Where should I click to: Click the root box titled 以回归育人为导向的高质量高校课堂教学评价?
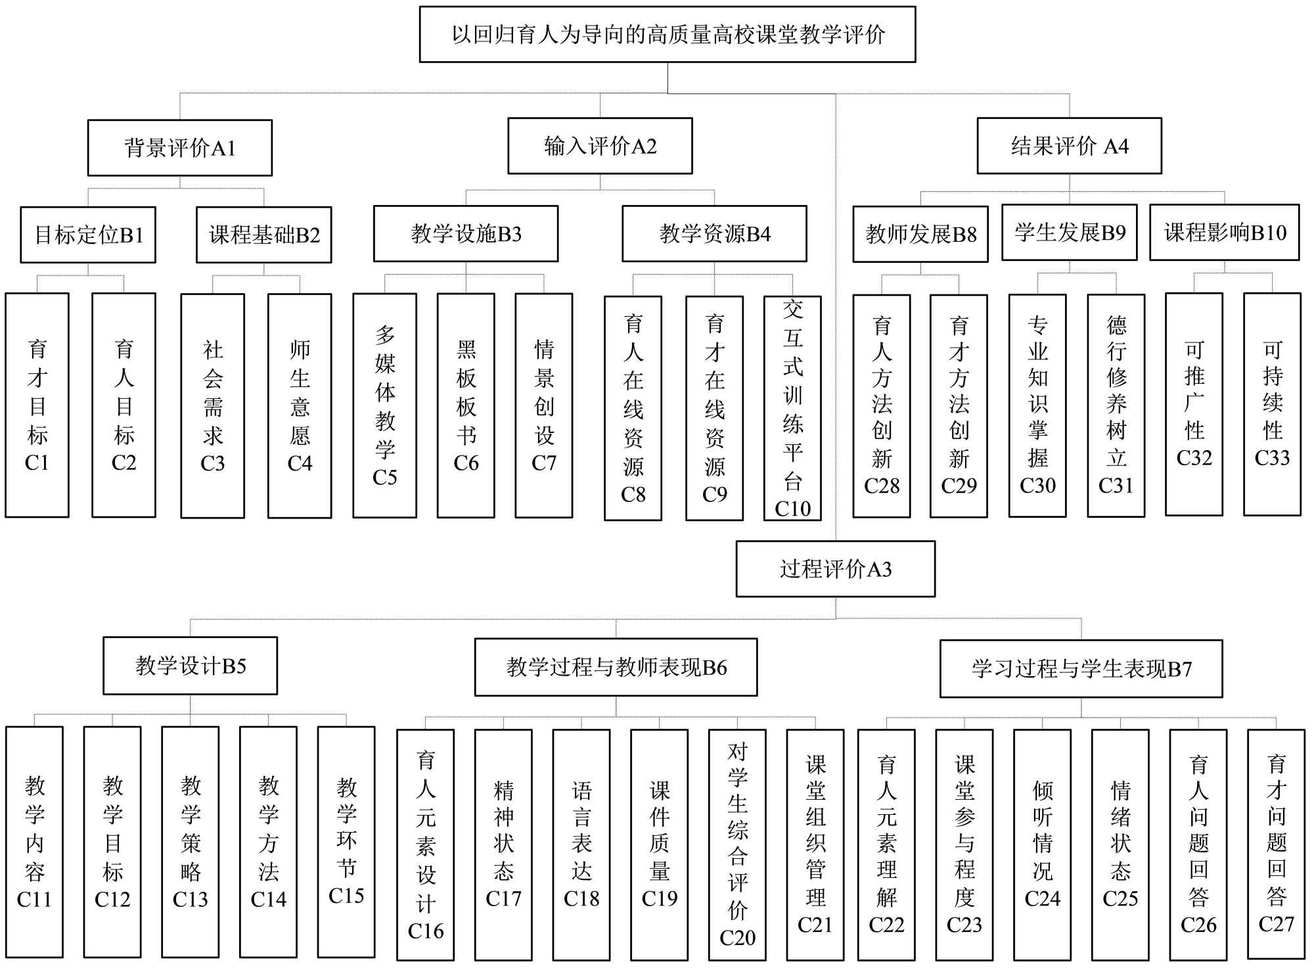pos(668,35)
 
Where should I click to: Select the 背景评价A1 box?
pos(180,148)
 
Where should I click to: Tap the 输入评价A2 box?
pos(600,146)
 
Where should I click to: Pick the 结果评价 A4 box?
pos(1069,146)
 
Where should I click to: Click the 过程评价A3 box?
pos(835,569)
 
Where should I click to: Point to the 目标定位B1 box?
pos(88,235)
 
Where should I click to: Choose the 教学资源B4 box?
pos(714,234)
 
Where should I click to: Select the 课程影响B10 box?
pos(1224,233)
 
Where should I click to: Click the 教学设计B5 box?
pos(191,666)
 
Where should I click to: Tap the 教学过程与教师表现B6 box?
pos(616,667)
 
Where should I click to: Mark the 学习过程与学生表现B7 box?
pos(1081,668)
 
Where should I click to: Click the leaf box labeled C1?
pos(37,405)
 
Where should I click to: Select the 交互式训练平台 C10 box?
pos(792,408)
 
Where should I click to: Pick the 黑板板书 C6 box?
pos(466,405)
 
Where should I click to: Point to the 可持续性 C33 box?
pos(1272,404)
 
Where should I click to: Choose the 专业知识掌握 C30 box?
pos(1037,405)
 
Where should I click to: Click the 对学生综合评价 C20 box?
pos(737,844)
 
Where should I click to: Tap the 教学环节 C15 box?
pos(346,842)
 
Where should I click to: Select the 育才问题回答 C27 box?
pos(1276,844)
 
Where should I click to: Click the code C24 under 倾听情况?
pos(1042,898)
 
